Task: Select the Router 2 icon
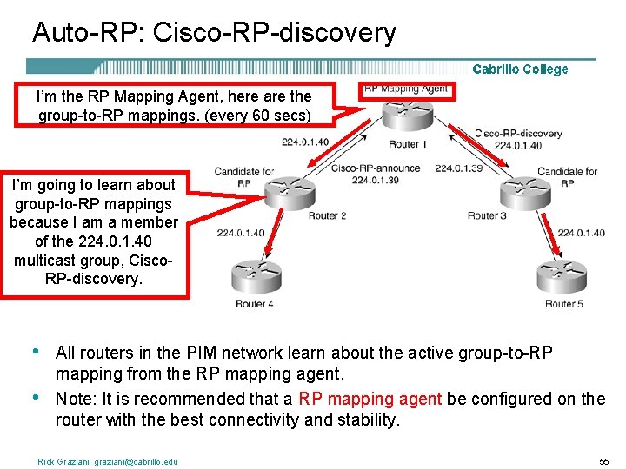pyautogui.click(x=290, y=192)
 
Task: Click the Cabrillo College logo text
pyautogui.click(x=520, y=69)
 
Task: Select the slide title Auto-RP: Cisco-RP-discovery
pyautogui.click(x=214, y=33)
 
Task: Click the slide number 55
pyautogui.click(x=603, y=461)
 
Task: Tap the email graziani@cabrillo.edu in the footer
pyautogui.click(x=131, y=461)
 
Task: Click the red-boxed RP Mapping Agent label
pyautogui.click(x=406, y=89)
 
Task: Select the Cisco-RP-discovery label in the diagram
pyautogui.click(x=518, y=134)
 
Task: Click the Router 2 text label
pyautogui.click(x=327, y=215)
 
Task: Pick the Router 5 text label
pyautogui.click(x=563, y=303)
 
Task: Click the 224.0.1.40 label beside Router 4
pyautogui.click(x=240, y=233)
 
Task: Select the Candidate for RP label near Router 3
pyautogui.click(x=567, y=177)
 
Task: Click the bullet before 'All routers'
pyautogui.click(x=34, y=352)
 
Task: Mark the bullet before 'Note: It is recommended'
pyautogui.click(x=34, y=398)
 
